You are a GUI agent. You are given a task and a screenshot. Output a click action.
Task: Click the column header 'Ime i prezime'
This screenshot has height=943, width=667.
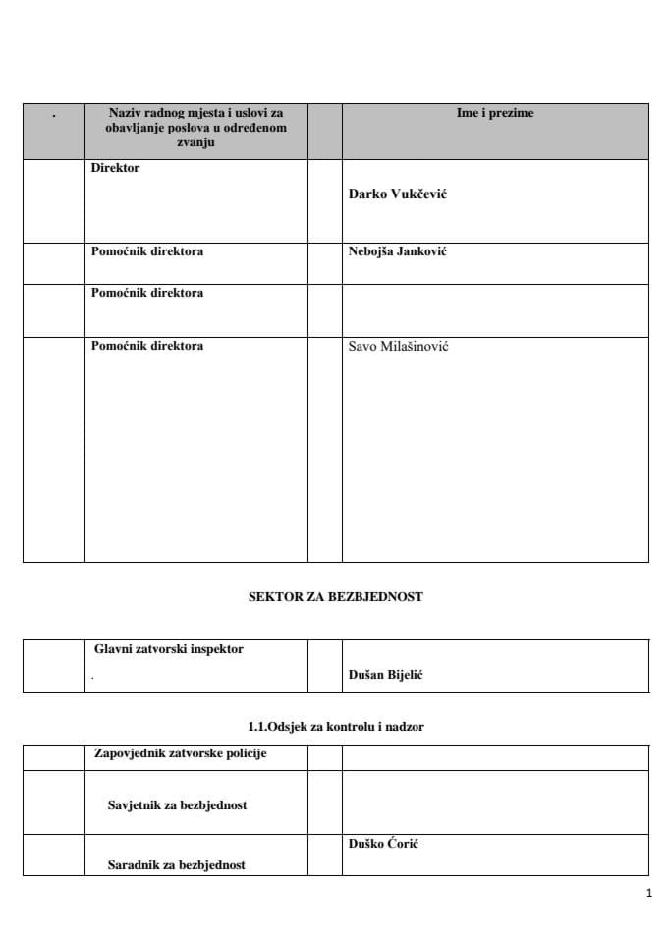(x=495, y=114)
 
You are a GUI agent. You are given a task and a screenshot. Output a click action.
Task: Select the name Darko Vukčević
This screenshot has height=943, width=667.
(x=398, y=194)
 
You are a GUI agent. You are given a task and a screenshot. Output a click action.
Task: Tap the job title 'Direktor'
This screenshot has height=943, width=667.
(x=115, y=168)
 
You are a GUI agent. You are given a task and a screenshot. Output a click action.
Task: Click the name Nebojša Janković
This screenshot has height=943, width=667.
(x=397, y=251)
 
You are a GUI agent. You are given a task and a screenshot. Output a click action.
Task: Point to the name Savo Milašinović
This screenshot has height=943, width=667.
(x=398, y=347)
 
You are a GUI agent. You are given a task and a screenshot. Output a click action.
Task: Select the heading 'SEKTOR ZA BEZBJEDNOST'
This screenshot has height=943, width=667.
(x=335, y=596)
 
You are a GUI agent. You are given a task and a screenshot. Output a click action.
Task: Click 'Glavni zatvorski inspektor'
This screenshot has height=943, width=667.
(x=169, y=649)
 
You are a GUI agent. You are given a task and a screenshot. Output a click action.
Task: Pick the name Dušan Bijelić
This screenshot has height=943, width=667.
(x=385, y=676)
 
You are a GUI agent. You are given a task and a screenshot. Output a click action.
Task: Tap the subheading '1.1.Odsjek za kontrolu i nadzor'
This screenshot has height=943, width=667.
(x=336, y=727)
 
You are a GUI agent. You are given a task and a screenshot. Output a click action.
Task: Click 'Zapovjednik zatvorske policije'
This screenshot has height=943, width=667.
(x=180, y=754)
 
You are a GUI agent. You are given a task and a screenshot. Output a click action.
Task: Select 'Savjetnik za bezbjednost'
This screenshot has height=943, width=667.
(x=177, y=805)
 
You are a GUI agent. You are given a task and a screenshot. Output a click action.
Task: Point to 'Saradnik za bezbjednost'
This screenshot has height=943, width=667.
(x=176, y=865)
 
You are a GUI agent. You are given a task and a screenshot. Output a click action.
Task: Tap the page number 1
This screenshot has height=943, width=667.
(x=649, y=894)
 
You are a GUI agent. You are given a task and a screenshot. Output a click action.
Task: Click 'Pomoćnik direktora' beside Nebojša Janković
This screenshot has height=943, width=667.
(x=147, y=251)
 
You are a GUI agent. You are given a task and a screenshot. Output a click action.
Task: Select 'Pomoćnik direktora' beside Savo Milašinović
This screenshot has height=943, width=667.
(x=147, y=346)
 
